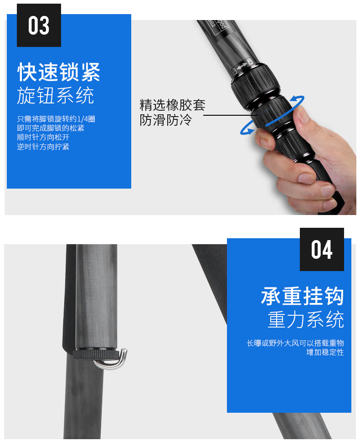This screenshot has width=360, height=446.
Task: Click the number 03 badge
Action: [x=39, y=26]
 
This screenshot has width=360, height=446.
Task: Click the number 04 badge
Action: [x=322, y=249]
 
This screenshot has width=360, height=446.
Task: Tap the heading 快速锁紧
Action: [x=59, y=72]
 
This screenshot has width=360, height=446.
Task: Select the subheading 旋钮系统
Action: [x=56, y=95]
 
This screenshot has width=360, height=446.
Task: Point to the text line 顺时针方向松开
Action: [x=43, y=138]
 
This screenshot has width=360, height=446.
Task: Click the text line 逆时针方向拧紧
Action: [x=43, y=147]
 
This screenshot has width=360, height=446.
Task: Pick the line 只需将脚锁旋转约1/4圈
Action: [x=56, y=119]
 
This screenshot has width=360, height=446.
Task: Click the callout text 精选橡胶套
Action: [x=172, y=105]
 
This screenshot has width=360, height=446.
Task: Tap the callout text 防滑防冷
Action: [x=165, y=120]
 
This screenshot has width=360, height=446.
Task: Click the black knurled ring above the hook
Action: [x=96, y=354]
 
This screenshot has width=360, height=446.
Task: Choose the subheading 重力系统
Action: [x=306, y=319]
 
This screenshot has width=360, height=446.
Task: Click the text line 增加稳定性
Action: [x=325, y=353]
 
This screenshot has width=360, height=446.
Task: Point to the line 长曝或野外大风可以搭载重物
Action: [x=295, y=343]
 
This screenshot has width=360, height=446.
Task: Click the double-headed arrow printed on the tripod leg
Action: [x=242, y=66]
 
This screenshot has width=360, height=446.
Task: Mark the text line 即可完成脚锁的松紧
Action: [x=51, y=128]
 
